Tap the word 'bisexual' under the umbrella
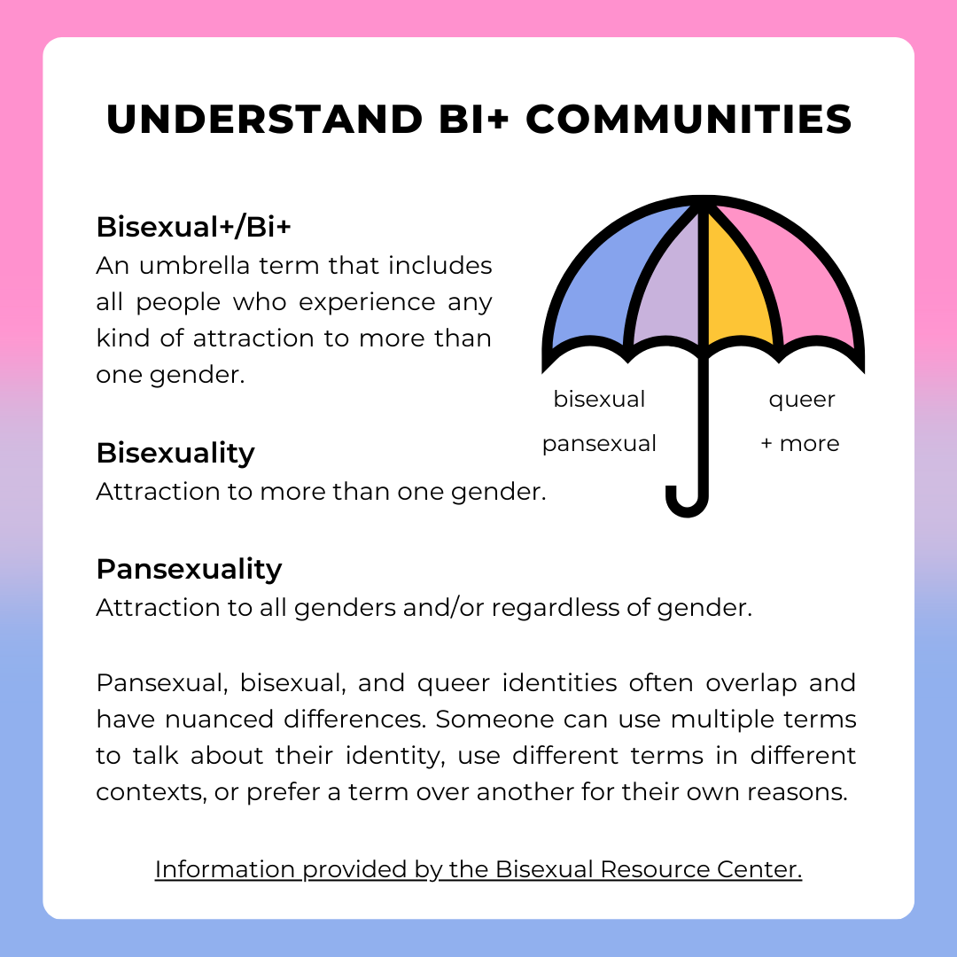[x=599, y=400]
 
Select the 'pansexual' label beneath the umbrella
[x=599, y=443]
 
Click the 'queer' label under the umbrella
[x=801, y=400]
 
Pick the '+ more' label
[x=800, y=443]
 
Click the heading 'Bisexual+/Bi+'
[x=193, y=227]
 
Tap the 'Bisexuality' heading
[x=175, y=453]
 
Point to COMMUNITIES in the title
[x=689, y=120]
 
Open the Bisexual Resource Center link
[x=478, y=869]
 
